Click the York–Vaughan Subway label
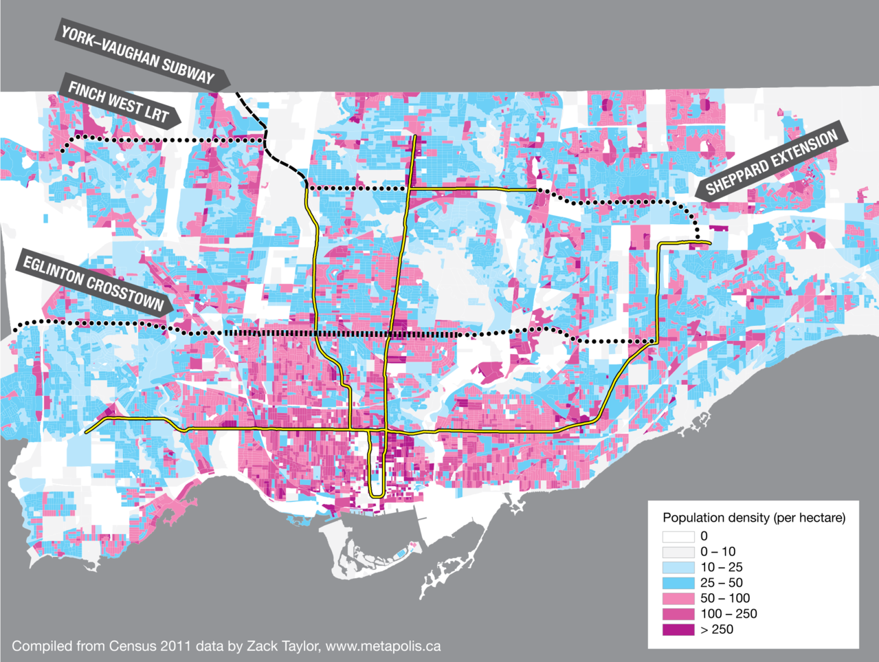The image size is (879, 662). click(138, 55)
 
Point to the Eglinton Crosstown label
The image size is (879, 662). click(93, 283)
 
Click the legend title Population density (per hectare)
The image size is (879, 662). click(754, 518)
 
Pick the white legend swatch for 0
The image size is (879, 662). click(678, 536)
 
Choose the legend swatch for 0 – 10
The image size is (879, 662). click(678, 552)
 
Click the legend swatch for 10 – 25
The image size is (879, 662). click(678, 567)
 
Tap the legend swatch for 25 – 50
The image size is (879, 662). click(678, 583)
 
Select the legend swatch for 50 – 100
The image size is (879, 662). click(678, 598)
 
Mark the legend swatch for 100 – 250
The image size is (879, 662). click(678, 614)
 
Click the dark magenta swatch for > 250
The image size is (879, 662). click(678, 629)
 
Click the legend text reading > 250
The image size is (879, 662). click(717, 629)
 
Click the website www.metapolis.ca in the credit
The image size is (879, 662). click(383, 646)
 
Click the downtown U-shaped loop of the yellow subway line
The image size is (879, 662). click(376, 494)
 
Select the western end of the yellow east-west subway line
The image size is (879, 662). click(87, 432)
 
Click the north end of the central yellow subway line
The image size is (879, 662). click(415, 137)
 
